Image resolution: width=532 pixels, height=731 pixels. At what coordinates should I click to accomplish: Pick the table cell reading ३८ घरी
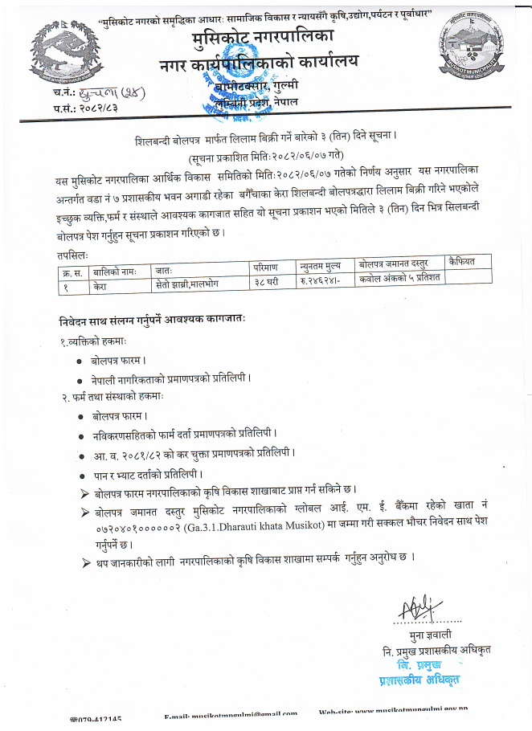(267, 283)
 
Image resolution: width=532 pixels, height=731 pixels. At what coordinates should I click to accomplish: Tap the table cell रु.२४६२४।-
(323, 283)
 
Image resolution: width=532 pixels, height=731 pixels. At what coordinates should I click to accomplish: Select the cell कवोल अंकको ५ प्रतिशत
(399, 282)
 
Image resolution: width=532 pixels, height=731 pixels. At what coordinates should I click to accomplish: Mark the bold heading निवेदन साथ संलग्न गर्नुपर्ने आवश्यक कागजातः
(152, 319)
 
